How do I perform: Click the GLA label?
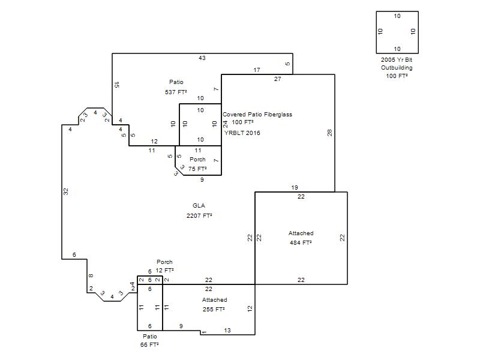click(199, 206)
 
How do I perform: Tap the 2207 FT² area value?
click(199, 215)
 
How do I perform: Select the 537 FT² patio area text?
click(176, 92)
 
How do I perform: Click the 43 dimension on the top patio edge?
click(202, 58)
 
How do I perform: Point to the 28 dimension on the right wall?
click(329, 133)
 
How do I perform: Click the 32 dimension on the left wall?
click(66, 191)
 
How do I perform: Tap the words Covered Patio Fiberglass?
click(257, 115)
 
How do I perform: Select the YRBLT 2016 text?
click(242, 133)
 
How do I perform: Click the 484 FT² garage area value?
click(301, 243)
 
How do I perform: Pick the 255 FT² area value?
click(214, 309)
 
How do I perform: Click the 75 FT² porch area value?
click(197, 169)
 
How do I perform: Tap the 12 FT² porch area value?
click(164, 271)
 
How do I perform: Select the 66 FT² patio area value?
click(149, 344)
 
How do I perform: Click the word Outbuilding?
click(397, 68)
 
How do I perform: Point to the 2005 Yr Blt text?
click(397, 59)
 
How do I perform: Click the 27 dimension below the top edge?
click(278, 79)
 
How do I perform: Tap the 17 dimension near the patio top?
click(257, 70)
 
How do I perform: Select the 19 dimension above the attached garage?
click(295, 187)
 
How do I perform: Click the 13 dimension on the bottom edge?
click(227, 331)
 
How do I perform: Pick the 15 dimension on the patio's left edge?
click(116, 85)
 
